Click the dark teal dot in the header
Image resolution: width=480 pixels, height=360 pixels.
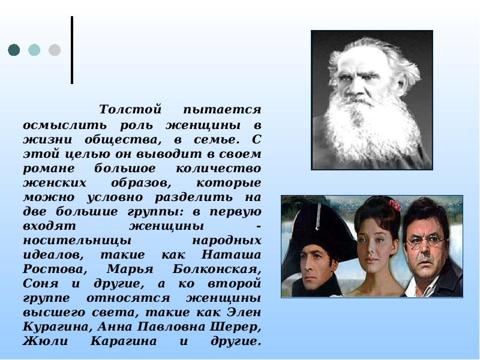14,50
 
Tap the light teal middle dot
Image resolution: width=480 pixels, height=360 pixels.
34,50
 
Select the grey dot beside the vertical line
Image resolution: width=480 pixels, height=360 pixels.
55,50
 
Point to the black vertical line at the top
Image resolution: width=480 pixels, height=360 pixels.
72,50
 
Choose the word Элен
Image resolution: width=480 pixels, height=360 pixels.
247,311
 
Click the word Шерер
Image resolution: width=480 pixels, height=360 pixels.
240,326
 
